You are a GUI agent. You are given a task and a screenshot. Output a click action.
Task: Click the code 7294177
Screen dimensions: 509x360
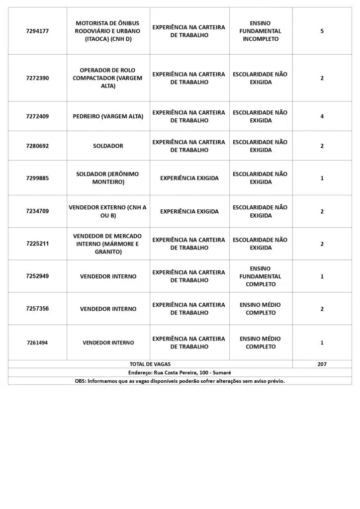[37, 31]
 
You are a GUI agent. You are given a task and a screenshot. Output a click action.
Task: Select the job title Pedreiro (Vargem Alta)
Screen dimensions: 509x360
[108, 116]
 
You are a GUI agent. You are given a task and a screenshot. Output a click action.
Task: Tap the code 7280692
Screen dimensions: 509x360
[37, 146]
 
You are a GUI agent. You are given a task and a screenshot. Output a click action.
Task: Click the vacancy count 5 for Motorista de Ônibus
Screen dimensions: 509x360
[322, 31]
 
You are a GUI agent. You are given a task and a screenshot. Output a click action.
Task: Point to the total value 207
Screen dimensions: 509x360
[322, 364]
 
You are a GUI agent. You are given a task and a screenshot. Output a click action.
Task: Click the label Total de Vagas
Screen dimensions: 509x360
[150, 364]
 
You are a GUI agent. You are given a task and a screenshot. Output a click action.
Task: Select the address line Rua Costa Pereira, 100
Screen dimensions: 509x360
[180, 372]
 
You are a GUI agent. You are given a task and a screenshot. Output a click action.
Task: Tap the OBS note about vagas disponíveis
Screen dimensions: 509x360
[180, 381]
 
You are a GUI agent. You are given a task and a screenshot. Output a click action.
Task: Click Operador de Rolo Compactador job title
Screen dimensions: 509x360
[108, 78]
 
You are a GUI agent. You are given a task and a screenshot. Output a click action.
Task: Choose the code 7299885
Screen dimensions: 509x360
[37, 178]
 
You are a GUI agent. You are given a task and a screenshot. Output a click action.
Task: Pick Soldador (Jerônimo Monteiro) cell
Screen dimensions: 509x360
[108, 178]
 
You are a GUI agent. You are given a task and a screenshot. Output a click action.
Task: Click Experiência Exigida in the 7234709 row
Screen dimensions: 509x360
[189, 211]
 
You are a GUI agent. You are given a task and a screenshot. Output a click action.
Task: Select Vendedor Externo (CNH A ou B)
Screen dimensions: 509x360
[108, 211]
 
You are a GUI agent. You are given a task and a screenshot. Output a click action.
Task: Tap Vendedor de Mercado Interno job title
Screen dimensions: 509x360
[108, 244]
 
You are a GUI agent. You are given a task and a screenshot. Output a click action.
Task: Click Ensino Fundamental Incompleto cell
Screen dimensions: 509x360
[261, 31]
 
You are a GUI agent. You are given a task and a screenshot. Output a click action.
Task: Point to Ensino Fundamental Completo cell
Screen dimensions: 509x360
[261, 276]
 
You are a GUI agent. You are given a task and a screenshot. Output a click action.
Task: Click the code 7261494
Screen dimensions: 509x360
[37, 342]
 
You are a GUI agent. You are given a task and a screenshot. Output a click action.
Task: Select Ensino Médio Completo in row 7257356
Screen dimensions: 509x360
[261, 309]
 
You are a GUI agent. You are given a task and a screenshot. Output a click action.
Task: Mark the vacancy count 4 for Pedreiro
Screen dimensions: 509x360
[322, 116]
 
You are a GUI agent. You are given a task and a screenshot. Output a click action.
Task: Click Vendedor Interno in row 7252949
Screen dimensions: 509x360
[108, 276]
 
